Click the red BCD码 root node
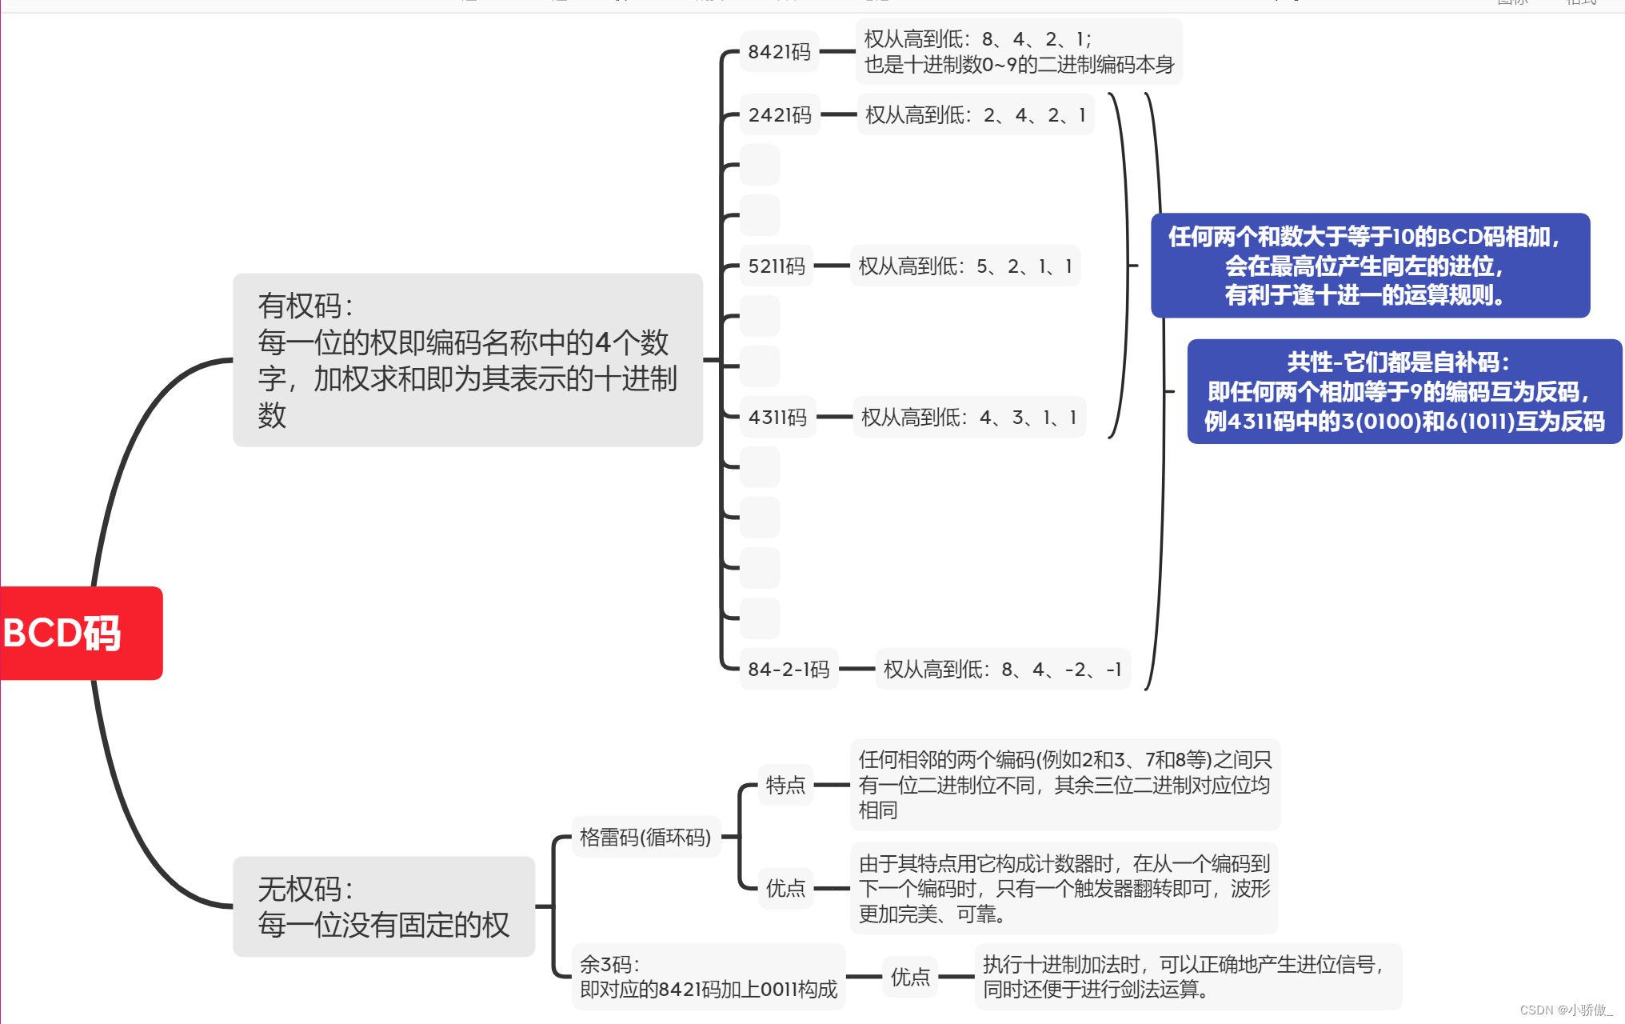80,633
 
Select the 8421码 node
779,52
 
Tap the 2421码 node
780,115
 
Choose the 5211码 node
777,266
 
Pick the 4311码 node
777,418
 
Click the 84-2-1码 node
789,670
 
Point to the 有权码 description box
468,360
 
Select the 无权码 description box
384,906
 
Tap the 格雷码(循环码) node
645,838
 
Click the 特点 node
785,785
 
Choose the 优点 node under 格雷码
785,888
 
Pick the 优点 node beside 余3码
910,977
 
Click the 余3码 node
708,977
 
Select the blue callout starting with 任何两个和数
1370,266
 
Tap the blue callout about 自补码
1404,391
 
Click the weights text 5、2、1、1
965,266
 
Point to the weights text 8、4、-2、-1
1002,670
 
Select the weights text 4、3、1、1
969,418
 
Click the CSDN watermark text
1565,1010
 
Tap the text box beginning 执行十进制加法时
1188,977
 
